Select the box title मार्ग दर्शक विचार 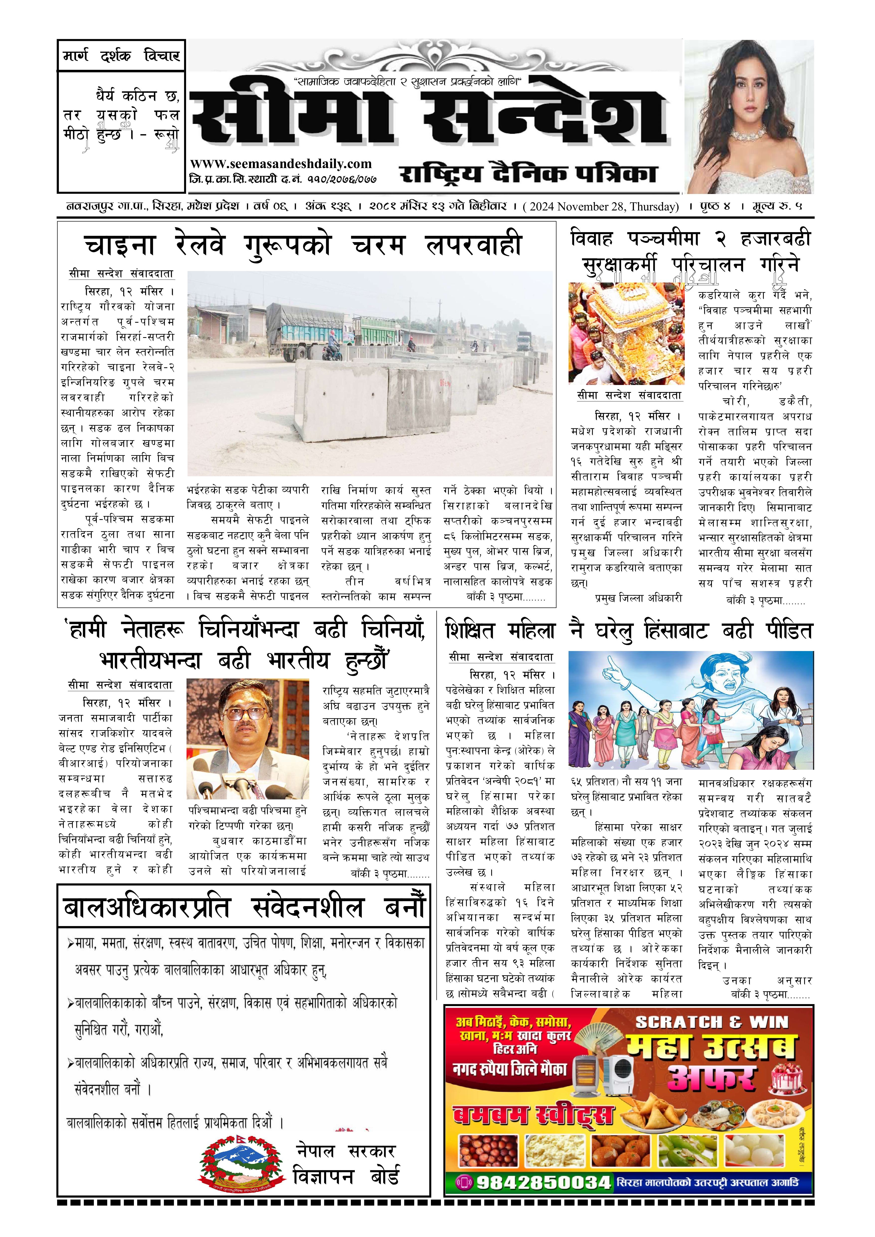pyautogui.click(x=121, y=56)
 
